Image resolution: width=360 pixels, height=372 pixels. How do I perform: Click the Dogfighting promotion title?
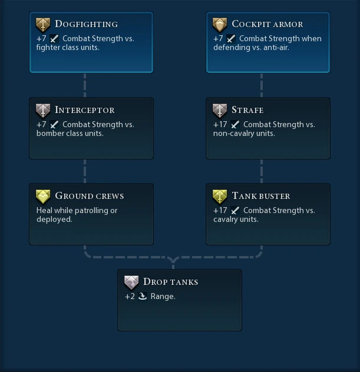click(x=86, y=24)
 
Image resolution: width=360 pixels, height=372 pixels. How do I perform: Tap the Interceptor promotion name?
click(x=84, y=110)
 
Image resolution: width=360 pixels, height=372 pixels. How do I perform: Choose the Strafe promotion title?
click(x=247, y=110)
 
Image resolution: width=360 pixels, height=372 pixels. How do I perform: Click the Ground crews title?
click(x=90, y=196)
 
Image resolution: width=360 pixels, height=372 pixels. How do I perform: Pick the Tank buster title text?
click(x=261, y=196)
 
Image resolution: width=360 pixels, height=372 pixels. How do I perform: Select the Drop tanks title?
click(x=170, y=282)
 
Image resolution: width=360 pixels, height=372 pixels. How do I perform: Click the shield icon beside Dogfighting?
click(x=43, y=25)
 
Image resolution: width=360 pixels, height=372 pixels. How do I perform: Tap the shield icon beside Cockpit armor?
click(x=220, y=25)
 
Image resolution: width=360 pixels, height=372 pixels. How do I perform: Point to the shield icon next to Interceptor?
click(x=43, y=111)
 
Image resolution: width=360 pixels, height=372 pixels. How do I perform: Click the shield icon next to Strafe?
click(x=220, y=111)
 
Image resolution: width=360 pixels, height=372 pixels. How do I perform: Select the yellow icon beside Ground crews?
click(x=43, y=197)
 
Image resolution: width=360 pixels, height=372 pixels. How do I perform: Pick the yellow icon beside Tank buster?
click(x=220, y=197)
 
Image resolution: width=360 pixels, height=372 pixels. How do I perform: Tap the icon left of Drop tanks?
click(x=131, y=283)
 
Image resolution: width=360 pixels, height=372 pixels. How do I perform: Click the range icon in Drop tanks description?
click(x=142, y=297)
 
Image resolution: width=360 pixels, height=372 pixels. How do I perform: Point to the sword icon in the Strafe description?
click(x=235, y=125)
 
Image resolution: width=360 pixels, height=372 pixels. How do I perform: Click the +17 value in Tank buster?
click(x=220, y=211)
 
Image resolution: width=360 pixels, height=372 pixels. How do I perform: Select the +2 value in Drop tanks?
click(x=130, y=297)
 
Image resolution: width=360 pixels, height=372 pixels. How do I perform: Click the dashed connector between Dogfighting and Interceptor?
click(x=85, y=85)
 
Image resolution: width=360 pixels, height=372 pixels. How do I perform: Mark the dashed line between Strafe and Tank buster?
click(x=262, y=171)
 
